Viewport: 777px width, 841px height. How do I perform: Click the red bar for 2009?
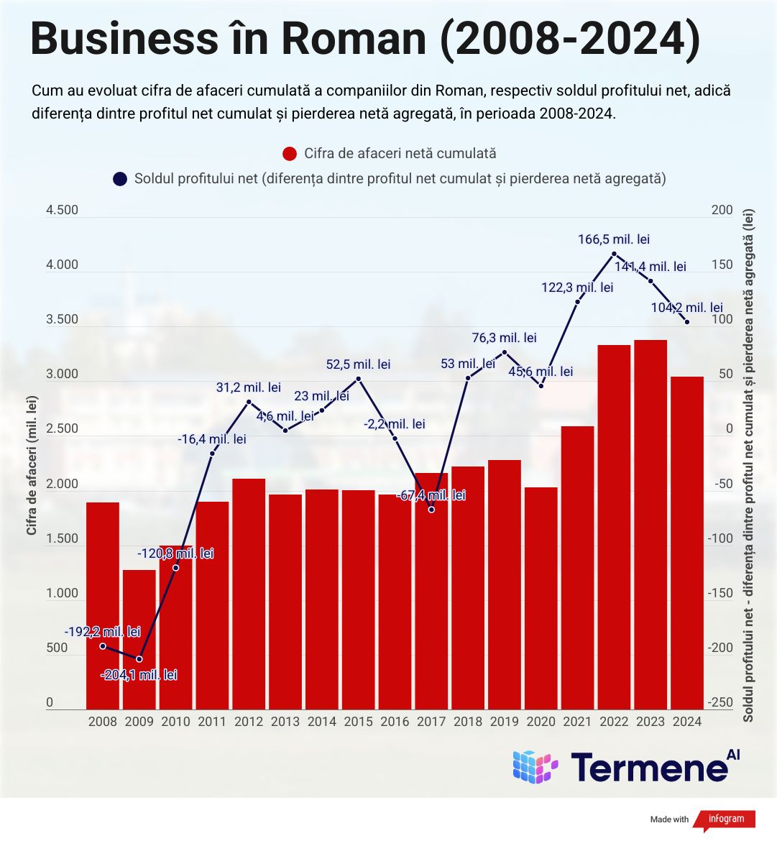click(139, 640)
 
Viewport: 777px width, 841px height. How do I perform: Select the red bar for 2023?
click(650, 525)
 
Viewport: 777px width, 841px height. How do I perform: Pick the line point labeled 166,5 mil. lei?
click(614, 254)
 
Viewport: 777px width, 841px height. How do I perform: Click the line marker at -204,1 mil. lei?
click(139, 659)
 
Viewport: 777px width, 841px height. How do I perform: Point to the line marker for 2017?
click(431, 510)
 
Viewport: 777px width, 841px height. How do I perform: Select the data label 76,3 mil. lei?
click(504, 338)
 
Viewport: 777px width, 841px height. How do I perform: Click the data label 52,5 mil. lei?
click(358, 364)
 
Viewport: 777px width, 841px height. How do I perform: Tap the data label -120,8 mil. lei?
click(175, 553)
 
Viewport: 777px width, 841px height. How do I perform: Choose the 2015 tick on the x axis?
click(358, 722)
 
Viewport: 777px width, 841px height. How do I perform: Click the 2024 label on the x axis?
click(686, 722)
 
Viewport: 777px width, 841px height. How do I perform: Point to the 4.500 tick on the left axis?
click(62, 210)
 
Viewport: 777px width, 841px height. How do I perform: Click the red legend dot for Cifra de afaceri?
click(290, 154)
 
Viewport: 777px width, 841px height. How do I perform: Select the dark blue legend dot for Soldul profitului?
click(120, 178)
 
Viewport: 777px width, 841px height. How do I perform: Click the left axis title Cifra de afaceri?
click(32, 467)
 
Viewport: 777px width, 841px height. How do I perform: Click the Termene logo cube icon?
click(535, 766)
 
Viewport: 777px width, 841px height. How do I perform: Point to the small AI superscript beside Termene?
click(733, 755)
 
